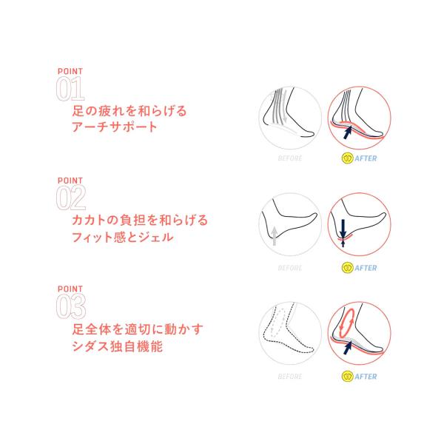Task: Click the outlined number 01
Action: click(70, 89)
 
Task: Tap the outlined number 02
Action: click(71, 198)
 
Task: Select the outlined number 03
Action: click(71, 306)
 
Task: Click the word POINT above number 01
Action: click(70, 71)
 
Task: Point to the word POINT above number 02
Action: click(70, 181)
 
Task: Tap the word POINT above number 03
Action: click(70, 289)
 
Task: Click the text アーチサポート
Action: click(115, 127)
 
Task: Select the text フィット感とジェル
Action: click(123, 237)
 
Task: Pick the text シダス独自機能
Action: click(118, 346)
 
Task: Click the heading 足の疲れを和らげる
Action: click(129, 111)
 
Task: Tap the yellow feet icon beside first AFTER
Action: click(347, 158)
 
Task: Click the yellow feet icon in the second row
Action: click(347, 268)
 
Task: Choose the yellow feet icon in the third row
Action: click(347, 377)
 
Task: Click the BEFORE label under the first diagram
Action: click(290, 158)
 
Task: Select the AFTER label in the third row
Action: click(366, 377)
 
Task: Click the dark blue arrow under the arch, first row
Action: click(348, 132)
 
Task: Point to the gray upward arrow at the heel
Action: click(274, 236)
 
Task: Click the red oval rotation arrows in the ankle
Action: click(347, 323)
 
